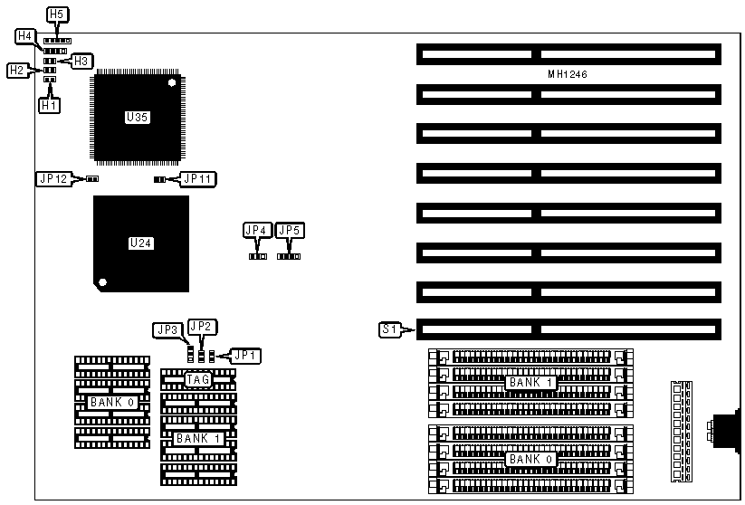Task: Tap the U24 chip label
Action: coord(139,243)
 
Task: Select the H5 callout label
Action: coord(56,14)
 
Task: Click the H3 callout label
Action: coord(81,61)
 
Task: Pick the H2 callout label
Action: coord(16,70)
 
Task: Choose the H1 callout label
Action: coord(49,105)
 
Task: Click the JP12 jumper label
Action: coord(51,179)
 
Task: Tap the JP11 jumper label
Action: coord(197,179)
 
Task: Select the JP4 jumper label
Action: coord(256,231)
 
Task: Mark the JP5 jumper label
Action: coord(290,231)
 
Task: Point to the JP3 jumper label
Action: coord(165,330)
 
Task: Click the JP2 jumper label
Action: coord(199,326)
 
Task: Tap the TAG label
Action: coord(198,380)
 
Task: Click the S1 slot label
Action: coord(390,330)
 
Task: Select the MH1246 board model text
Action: coord(568,74)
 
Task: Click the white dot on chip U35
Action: coord(171,83)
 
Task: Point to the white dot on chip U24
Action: coord(103,282)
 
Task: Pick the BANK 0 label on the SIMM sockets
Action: coord(524,460)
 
